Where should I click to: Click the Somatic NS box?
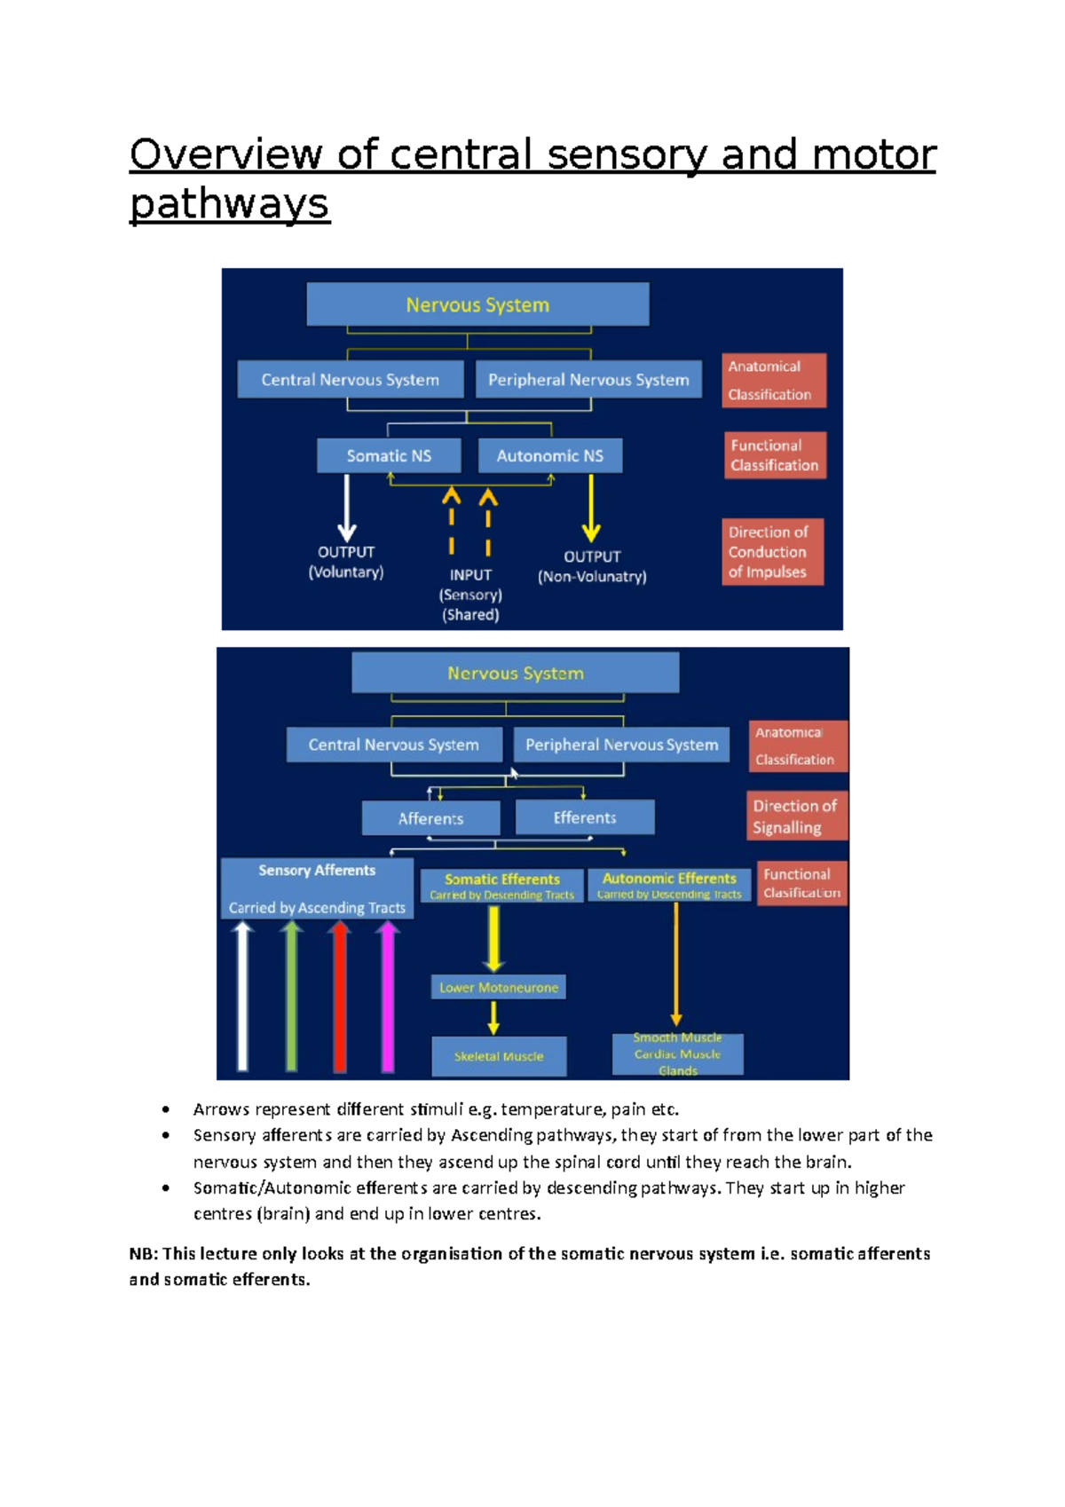click(x=389, y=455)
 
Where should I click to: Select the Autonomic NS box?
click(x=549, y=455)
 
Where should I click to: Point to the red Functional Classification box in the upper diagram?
click(x=774, y=455)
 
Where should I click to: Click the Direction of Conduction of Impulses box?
click(x=772, y=552)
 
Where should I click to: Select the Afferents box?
click(x=430, y=818)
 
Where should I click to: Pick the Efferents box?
click(x=584, y=817)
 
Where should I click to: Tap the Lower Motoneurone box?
click(x=498, y=987)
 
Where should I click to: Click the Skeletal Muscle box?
click(x=498, y=1056)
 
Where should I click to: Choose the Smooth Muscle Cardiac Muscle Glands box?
click(x=677, y=1054)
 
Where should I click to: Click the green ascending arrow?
click(x=291, y=996)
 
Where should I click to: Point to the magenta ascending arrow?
click(x=387, y=996)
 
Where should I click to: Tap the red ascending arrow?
click(x=339, y=996)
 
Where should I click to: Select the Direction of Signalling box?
click(x=796, y=817)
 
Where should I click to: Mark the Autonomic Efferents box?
click(x=669, y=885)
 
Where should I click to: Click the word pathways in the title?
click(x=230, y=204)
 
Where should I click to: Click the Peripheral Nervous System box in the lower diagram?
click(x=621, y=745)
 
